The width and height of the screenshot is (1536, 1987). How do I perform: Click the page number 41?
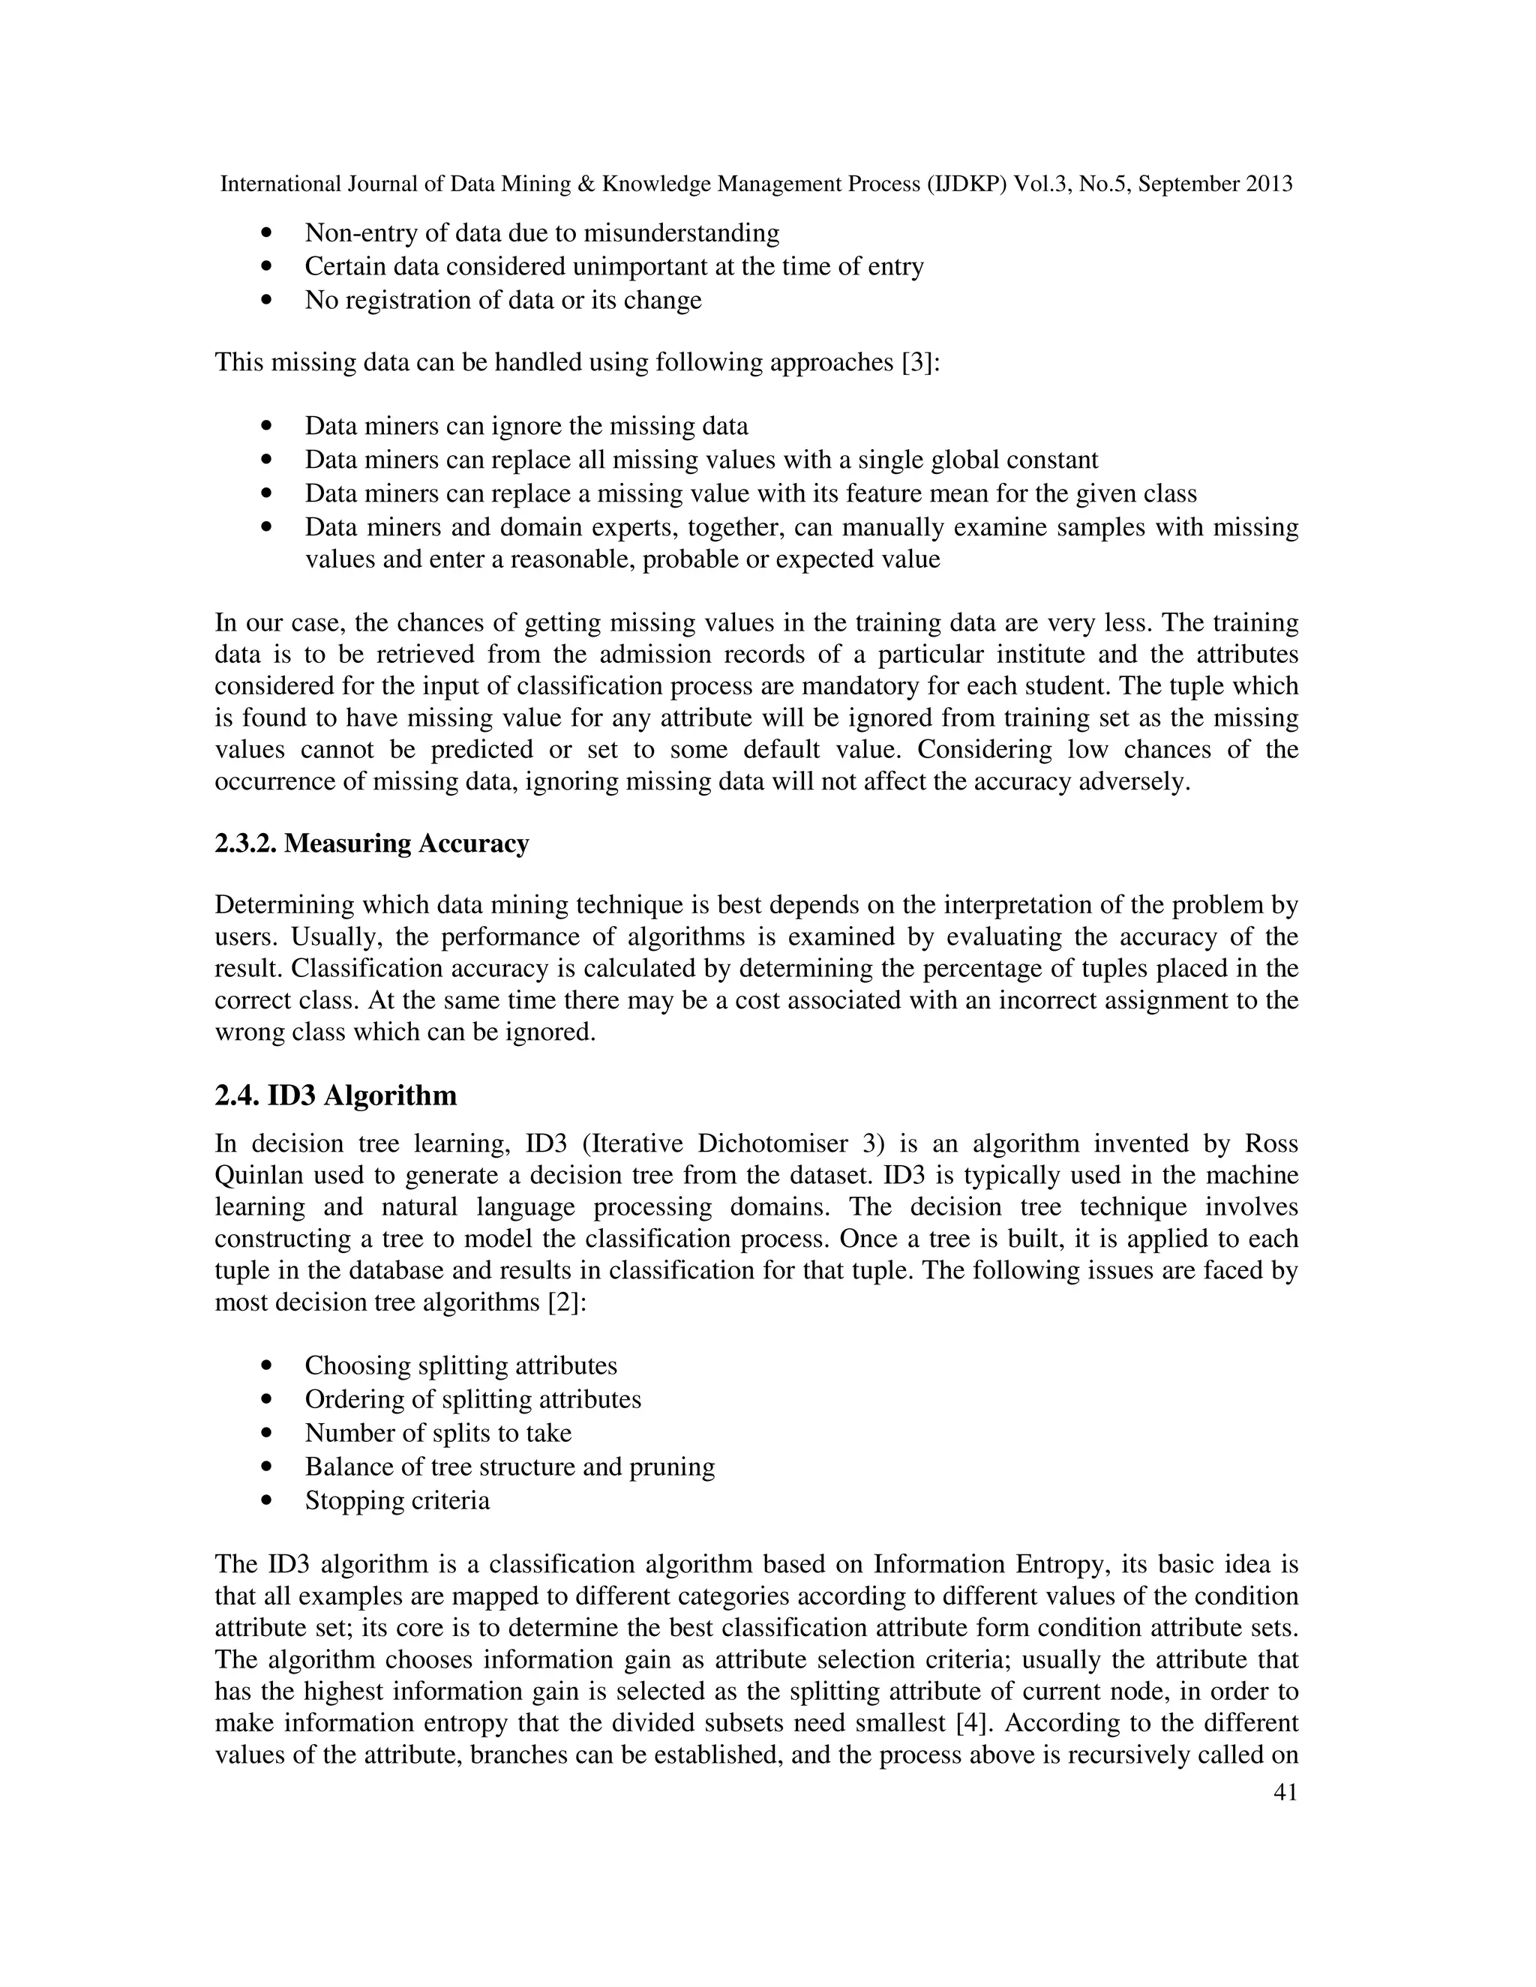point(1285,1792)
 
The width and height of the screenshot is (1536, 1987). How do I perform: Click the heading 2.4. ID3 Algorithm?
point(336,1095)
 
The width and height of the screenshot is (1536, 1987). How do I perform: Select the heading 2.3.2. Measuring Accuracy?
point(371,844)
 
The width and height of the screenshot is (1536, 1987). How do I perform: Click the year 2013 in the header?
point(1268,184)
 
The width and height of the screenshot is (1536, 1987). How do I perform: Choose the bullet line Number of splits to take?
point(438,1433)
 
